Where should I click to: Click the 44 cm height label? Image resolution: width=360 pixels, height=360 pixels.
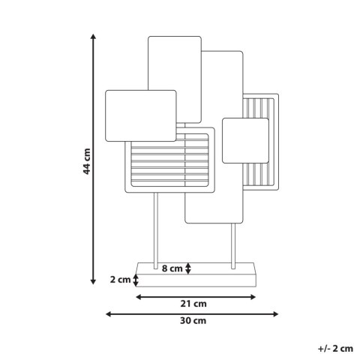pos(87,161)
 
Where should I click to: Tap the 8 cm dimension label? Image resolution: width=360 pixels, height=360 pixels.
pos(172,268)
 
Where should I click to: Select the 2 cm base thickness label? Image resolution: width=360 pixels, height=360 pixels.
pos(120,280)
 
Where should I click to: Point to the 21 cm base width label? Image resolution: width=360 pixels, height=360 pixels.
pos(193,304)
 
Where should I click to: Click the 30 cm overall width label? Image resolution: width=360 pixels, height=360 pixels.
pos(193,320)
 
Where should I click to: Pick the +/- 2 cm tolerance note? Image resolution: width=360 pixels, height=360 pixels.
pos(335,349)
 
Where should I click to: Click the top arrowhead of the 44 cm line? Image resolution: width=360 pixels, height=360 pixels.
pos(93,37)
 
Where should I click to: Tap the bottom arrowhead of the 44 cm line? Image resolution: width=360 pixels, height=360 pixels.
pos(93,282)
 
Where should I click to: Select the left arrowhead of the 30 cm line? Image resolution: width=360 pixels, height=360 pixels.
pos(108,314)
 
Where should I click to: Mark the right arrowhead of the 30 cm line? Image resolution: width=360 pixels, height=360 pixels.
pos(275,314)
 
